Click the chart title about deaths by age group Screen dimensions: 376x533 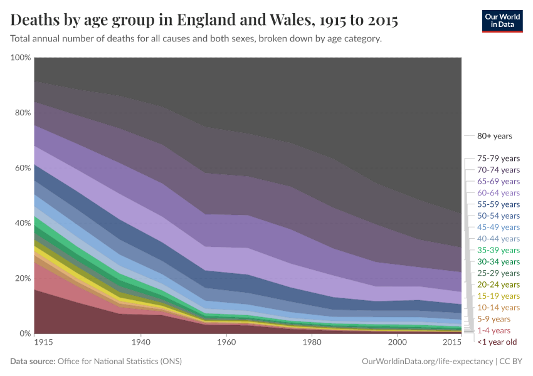pos(204,20)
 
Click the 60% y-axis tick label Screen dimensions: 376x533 pos(22,168)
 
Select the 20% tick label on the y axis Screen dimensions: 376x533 pos(22,278)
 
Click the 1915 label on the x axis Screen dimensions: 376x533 pos(44,343)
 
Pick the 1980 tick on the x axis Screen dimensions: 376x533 pos(312,343)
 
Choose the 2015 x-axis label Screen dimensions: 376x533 pos(452,343)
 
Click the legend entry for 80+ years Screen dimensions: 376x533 pos(494,136)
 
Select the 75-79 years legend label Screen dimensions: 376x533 pos(498,159)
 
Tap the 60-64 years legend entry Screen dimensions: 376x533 pos(498,193)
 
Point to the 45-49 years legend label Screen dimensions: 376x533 pos(498,227)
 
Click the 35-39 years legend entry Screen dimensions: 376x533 pos(498,250)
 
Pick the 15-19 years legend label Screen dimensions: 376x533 pos(498,296)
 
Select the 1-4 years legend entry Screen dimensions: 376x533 pos(493,330)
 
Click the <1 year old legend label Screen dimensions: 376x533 pos(497,342)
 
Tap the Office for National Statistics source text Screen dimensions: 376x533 pos(119,362)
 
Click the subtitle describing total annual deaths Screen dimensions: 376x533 pos(196,39)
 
